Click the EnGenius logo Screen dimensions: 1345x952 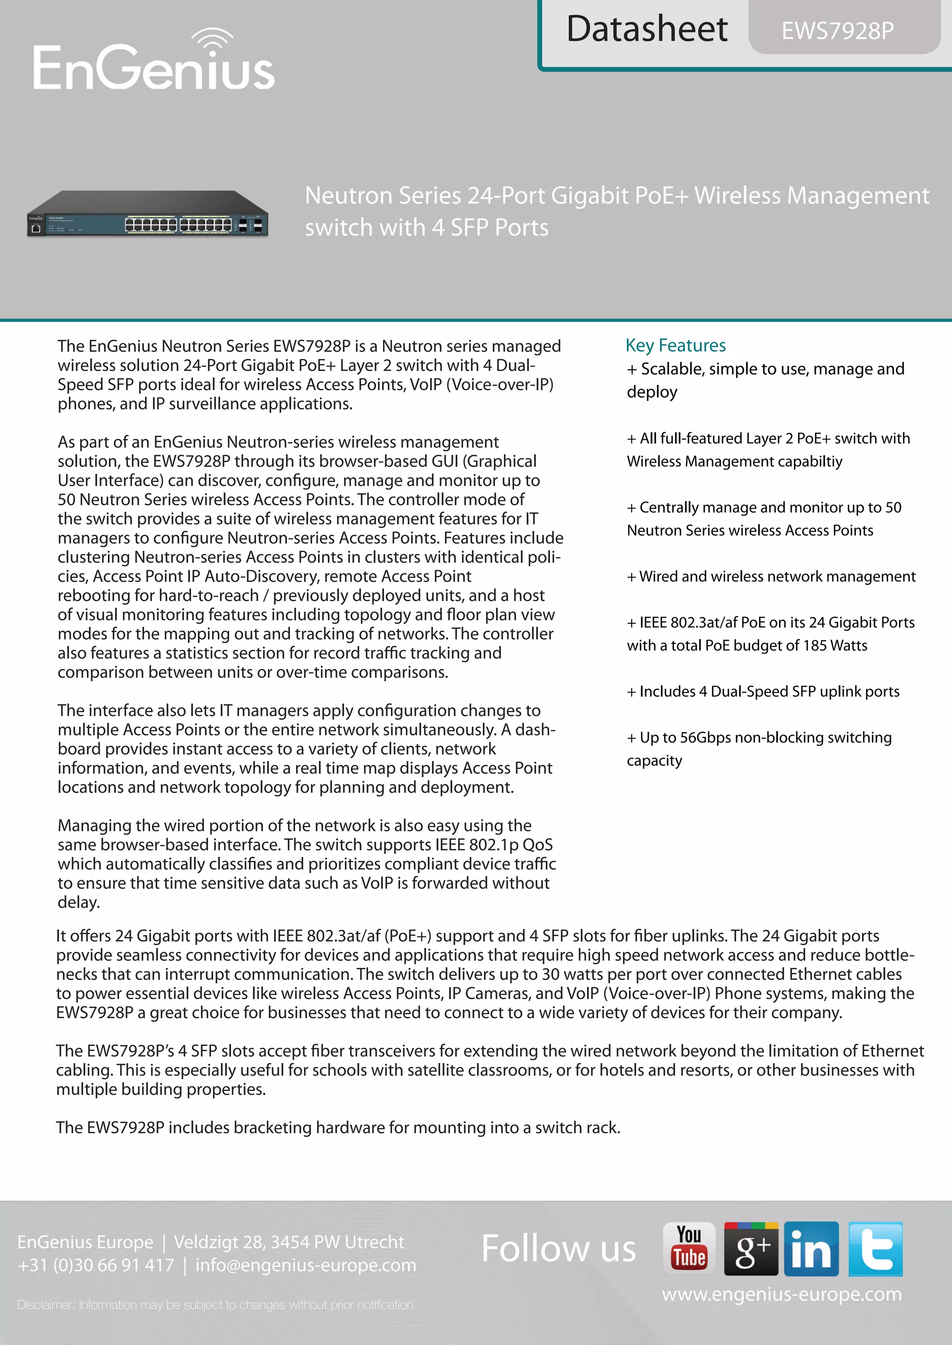point(153,67)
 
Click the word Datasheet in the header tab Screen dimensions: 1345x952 point(647,29)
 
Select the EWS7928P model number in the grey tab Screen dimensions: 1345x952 point(838,31)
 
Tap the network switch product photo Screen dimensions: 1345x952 point(148,215)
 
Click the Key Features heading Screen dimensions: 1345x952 point(675,345)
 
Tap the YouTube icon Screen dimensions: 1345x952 point(689,1248)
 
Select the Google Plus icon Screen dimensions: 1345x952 point(751,1248)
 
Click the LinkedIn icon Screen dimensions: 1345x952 point(811,1248)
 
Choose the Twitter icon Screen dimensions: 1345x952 point(875,1248)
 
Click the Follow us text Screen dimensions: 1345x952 point(558,1248)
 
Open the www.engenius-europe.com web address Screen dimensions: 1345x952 point(781,1294)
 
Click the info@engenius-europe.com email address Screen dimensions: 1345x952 point(305,1265)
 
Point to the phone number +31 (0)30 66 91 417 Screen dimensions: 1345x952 point(96,1265)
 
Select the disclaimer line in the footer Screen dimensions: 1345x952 point(215,1305)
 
